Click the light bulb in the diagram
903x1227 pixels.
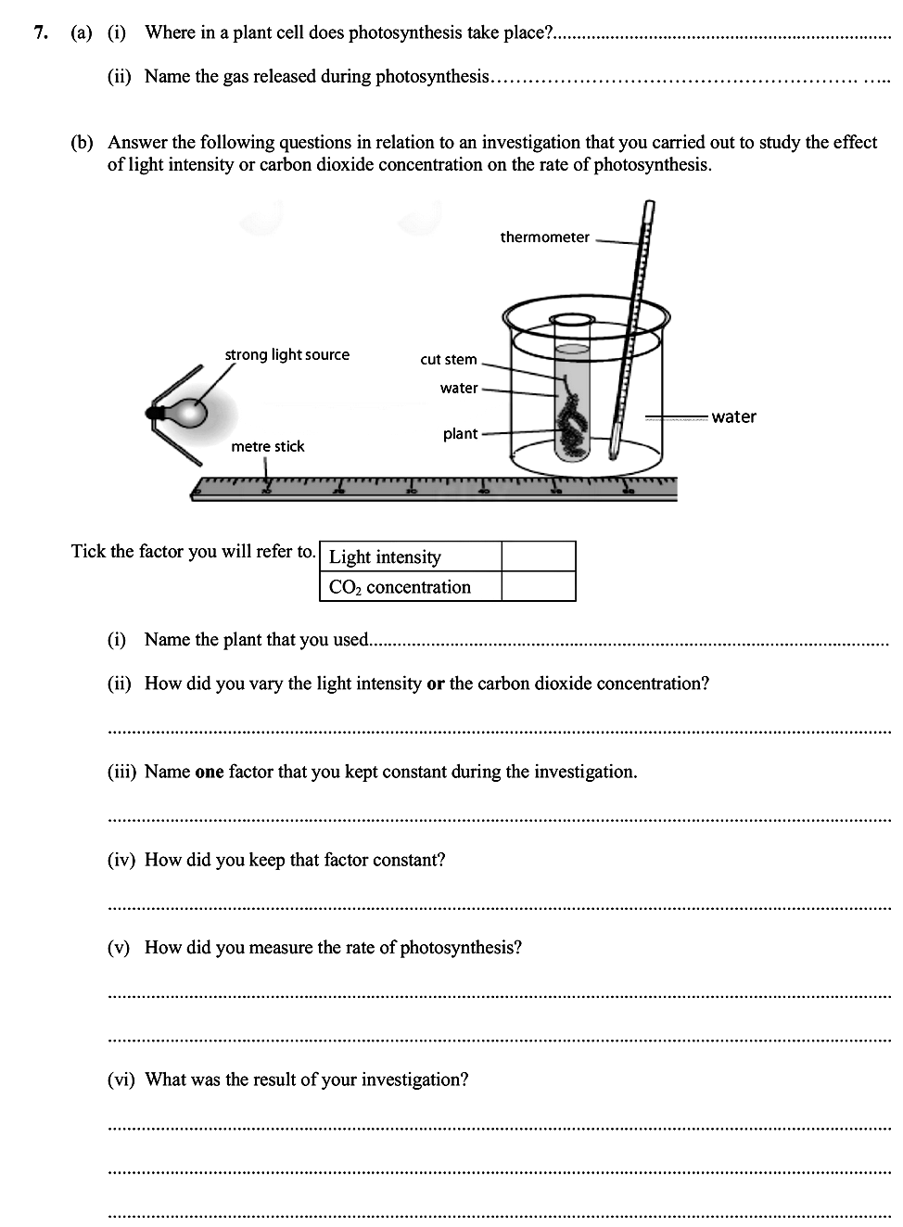click(191, 411)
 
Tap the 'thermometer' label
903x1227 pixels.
click(544, 237)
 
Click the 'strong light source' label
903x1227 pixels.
click(286, 354)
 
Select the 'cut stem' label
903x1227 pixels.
click(448, 360)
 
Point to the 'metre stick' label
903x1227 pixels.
click(267, 446)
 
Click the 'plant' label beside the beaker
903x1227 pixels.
click(460, 433)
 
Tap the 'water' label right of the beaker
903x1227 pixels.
click(733, 417)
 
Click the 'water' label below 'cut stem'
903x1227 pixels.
click(459, 388)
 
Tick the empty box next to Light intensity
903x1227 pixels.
click(538, 556)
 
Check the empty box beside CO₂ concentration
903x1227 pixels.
click(538, 586)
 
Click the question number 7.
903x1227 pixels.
click(40, 32)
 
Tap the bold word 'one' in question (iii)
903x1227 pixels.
click(210, 772)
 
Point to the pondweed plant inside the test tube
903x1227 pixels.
click(569, 422)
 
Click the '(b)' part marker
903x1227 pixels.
click(83, 142)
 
